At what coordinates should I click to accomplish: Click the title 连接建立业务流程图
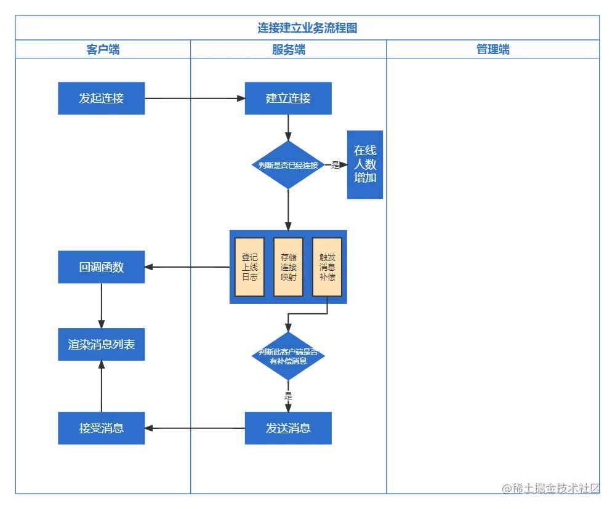[307, 28]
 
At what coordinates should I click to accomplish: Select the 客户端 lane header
[103, 50]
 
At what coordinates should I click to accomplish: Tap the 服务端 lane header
[288, 50]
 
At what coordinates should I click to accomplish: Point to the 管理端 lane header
[492, 50]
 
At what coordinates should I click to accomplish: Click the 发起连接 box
[101, 98]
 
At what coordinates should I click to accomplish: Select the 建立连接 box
[288, 98]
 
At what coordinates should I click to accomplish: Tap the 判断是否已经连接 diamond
[288, 165]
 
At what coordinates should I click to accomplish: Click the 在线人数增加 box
[365, 164]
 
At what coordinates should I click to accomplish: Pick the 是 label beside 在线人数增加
[335, 164]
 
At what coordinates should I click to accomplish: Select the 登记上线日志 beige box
[249, 267]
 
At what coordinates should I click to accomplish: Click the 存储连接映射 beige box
[288, 267]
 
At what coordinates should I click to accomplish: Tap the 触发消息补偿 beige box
[327, 267]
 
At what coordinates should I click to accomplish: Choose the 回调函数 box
[101, 267]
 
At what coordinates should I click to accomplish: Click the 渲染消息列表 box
[101, 345]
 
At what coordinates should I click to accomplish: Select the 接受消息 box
[101, 428]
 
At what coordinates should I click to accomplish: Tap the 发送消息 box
[288, 428]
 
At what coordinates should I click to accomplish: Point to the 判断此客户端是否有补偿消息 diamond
[288, 356]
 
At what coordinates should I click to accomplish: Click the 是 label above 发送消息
[288, 396]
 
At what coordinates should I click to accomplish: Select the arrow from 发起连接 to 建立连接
[195, 98]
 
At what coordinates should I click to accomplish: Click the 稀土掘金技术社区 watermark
[550, 487]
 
